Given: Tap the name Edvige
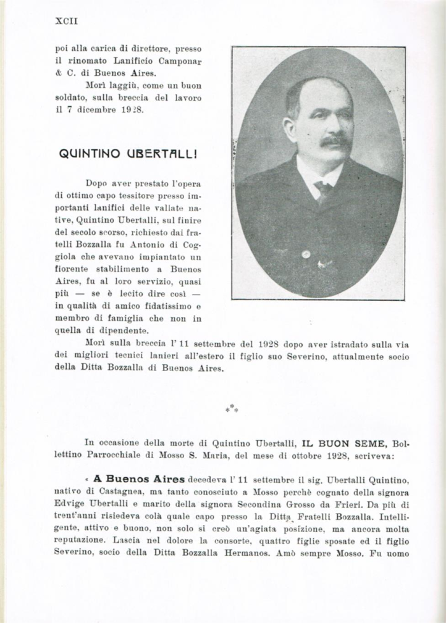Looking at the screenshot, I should click(69, 503).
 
